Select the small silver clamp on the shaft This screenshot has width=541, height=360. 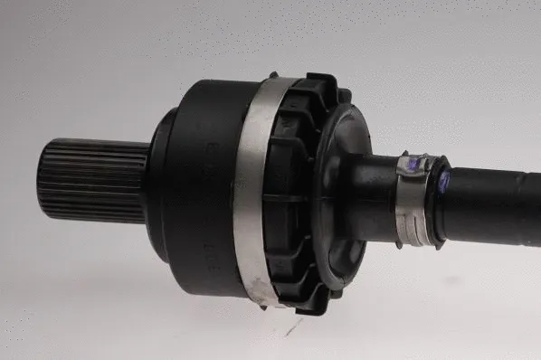[x=413, y=199]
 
